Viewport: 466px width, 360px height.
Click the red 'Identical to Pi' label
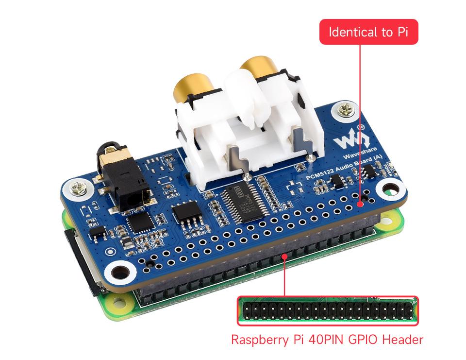pos(368,32)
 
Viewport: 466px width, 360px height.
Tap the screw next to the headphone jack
pos(79,187)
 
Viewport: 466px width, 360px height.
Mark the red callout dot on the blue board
pos(360,205)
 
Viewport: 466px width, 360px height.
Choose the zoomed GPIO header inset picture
pos(327,310)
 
